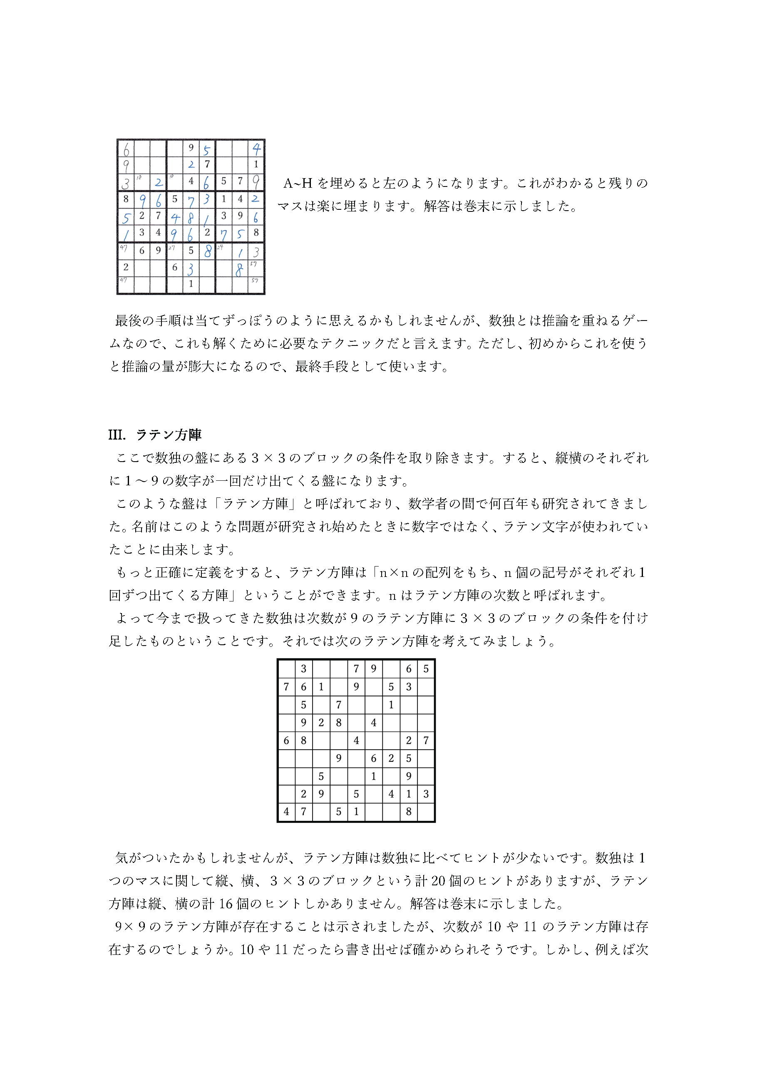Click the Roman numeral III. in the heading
pos(117,435)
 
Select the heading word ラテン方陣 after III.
pos(169,435)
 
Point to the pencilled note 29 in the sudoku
pos(220,247)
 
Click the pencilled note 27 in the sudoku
pos(171,248)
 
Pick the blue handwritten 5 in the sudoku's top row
pos(206,150)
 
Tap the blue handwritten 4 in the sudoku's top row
pos(256,149)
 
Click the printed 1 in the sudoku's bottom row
pos(191,283)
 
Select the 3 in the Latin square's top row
pos(304,669)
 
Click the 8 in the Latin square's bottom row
pos(409,812)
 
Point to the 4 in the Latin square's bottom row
pos(286,812)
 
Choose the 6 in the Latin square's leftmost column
pos(286,740)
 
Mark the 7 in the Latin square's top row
pos(356,669)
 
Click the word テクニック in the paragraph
pos(359,344)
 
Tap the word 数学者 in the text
pos(428,504)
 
